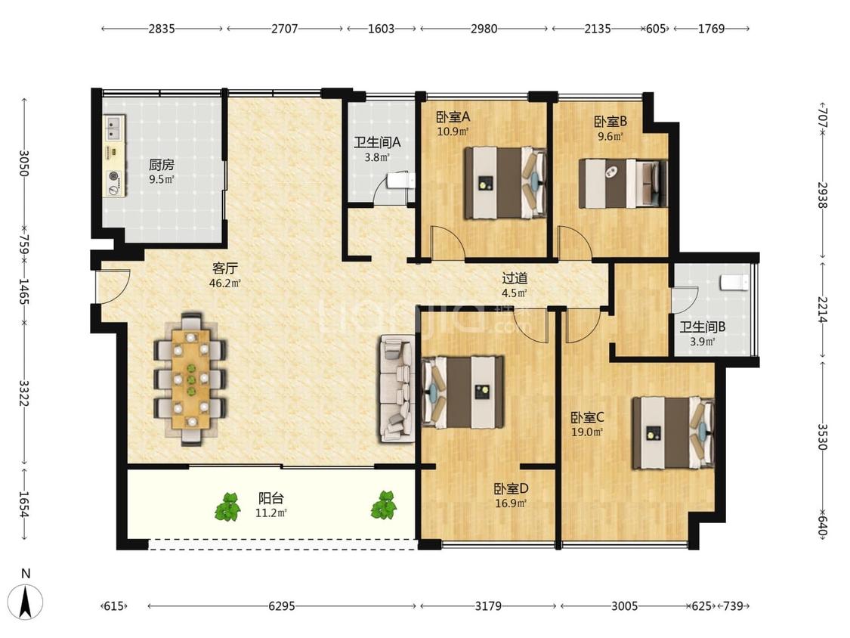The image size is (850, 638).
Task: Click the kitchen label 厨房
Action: [x=162, y=164]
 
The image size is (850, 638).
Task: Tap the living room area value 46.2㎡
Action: [x=225, y=283]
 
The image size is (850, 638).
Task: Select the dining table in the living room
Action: [x=191, y=378]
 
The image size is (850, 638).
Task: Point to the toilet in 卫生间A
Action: [x=400, y=180]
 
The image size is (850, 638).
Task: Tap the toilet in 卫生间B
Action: [x=734, y=283]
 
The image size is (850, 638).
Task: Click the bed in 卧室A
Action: [x=505, y=182]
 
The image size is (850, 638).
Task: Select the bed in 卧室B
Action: [x=623, y=184]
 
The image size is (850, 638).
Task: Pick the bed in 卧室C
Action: [x=672, y=433]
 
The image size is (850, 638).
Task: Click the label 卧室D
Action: [x=511, y=489]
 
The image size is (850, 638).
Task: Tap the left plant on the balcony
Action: [x=228, y=506]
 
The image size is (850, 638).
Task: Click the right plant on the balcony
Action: [x=384, y=505]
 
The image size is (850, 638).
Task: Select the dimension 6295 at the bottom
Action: [x=282, y=606]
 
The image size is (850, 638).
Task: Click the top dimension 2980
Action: [x=484, y=28]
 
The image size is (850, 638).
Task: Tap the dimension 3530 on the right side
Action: [x=822, y=437]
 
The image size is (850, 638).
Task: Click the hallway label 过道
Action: [x=515, y=279]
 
